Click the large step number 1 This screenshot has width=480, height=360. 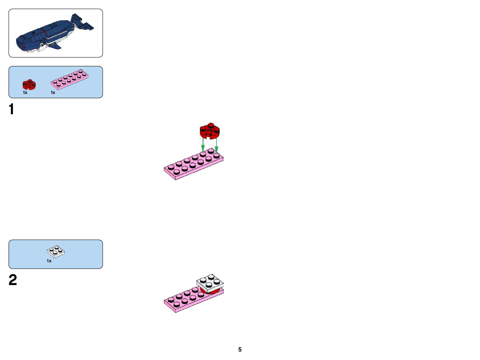pyautogui.click(x=11, y=109)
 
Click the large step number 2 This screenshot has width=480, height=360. pyautogui.click(x=13, y=280)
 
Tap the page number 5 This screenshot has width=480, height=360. pyautogui.click(x=240, y=349)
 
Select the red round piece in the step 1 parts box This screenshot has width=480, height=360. pyautogui.click(x=29, y=84)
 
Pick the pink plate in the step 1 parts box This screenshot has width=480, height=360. pyautogui.click(x=70, y=79)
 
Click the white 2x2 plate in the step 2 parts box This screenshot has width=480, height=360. pyautogui.click(x=56, y=251)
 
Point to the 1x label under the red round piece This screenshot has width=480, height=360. pyautogui.click(x=25, y=92)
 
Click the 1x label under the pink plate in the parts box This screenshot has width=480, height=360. pyautogui.click(x=53, y=92)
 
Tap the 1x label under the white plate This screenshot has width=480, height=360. pyautogui.click(x=49, y=261)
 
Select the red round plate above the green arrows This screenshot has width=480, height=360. pyautogui.click(x=210, y=131)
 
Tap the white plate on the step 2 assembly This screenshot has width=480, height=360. pyautogui.click(x=210, y=282)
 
